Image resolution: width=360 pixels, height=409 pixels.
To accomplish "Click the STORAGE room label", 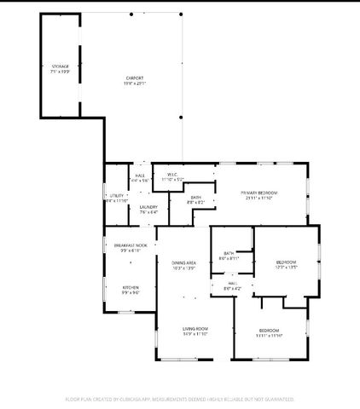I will coord(59,65).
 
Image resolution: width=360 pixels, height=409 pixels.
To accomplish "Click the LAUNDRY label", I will coord(148,206).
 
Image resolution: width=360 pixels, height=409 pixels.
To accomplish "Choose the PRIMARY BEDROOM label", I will coord(259,193).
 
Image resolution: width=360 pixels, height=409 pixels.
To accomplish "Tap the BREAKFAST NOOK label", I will coord(131,245).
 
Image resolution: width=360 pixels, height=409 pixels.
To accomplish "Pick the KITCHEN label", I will coord(131,288).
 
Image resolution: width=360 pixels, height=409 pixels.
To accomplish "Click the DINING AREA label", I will coord(185,263).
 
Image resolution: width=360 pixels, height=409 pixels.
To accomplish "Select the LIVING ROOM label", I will coord(195,329).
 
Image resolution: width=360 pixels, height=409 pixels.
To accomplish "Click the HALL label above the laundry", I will coord(140,175).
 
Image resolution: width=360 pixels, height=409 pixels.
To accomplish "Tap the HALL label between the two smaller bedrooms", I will coord(232,285).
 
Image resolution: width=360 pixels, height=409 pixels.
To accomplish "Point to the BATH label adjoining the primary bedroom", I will coord(196,198).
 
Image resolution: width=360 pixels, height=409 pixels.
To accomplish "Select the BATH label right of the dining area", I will coord(229,253).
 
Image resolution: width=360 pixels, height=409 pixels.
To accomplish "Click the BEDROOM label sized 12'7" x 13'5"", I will coord(286,262).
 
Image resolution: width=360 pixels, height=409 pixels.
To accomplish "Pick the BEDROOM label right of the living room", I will coord(269,330).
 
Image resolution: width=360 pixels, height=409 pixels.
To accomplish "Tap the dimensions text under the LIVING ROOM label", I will coord(195,335).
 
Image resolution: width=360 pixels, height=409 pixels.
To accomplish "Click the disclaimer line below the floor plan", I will coord(179,399).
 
